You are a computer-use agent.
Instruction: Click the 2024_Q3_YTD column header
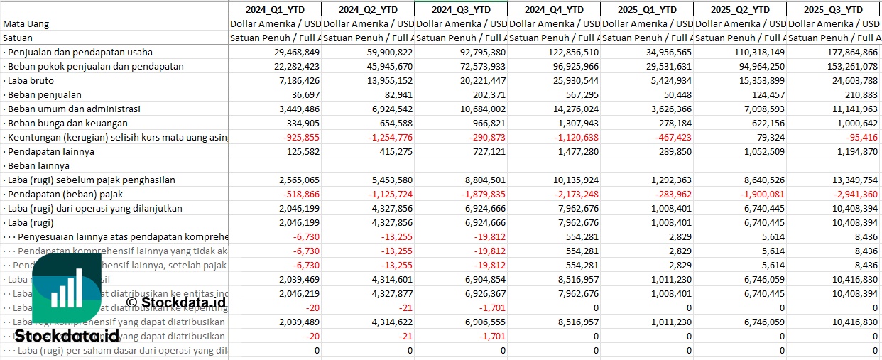tap(460, 9)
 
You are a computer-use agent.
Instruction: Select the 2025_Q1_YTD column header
tap(646, 9)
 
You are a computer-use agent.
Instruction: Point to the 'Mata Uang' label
tap(26, 23)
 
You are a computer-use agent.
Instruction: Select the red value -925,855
tap(300, 137)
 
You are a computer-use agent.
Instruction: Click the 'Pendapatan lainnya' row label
tap(50, 151)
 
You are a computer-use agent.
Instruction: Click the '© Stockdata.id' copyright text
tap(176, 302)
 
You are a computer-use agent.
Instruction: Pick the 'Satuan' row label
tap(18, 38)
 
